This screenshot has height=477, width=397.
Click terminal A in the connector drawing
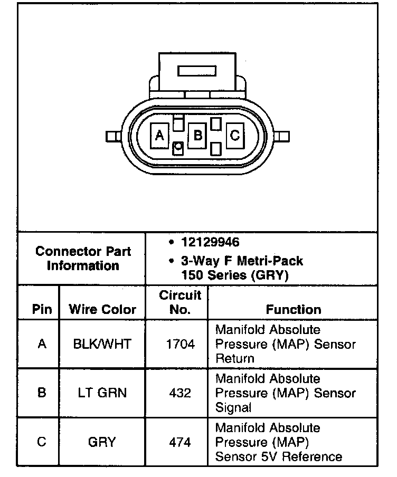[159, 136]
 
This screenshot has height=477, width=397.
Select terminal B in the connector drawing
[197, 136]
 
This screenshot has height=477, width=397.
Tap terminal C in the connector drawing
[235, 136]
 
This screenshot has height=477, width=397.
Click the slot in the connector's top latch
[197, 71]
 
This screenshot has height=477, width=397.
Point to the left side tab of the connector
[112, 137]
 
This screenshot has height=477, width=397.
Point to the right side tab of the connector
[283, 137]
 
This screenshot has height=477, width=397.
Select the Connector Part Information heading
[82, 259]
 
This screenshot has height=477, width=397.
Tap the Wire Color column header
[102, 310]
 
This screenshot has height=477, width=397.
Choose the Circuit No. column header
[180, 302]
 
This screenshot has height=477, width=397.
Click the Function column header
[293, 310]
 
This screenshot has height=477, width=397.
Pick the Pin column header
[42, 310]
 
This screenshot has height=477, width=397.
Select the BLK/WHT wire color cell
[102, 345]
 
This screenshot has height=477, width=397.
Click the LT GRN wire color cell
[102, 393]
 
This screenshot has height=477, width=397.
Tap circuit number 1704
[180, 345]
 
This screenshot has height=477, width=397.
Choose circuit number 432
[180, 393]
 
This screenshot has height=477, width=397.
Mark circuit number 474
[180, 442]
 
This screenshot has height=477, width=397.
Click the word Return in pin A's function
[234, 359]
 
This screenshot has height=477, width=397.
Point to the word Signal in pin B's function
[233, 408]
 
